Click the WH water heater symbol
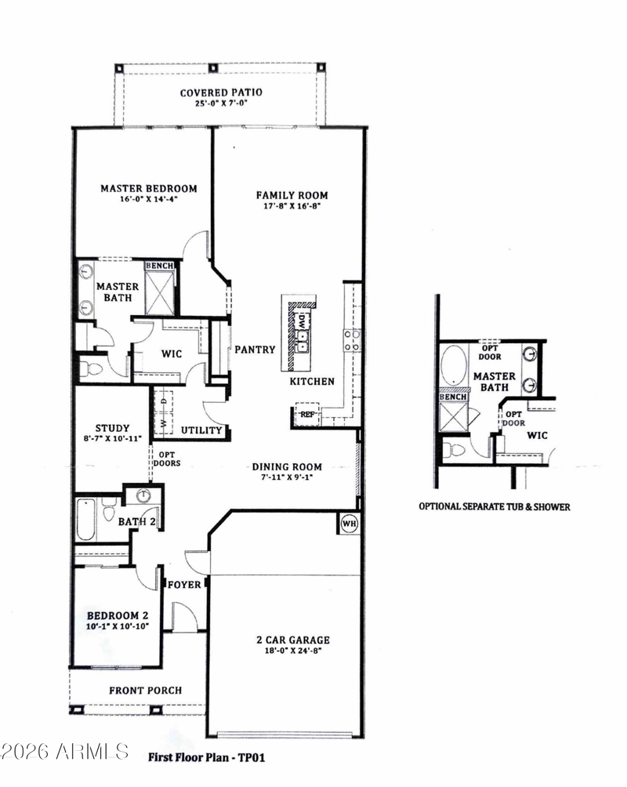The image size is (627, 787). [x=350, y=524]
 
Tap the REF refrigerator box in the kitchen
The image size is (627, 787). [x=307, y=414]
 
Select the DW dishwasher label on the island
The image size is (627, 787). [x=302, y=321]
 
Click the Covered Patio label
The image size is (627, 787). [x=221, y=92]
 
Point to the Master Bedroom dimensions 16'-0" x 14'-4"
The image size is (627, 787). [x=149, y=199]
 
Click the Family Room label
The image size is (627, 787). [x=292, y=194]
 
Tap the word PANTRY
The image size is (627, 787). [x=255, y=350]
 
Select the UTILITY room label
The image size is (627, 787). [x=201, y=430]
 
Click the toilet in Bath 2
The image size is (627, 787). [x=108, y=513]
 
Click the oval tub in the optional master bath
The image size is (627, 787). [x=454, y=365]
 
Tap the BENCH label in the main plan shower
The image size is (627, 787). [x=160, y=266]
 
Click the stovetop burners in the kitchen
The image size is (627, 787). [x=351, y=339]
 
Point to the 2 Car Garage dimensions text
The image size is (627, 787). [x=293, y=651]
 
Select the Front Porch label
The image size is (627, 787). [x=146, y=691]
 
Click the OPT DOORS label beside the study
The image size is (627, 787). [x=167, y=459]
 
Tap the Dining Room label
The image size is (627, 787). [x=287, y=466]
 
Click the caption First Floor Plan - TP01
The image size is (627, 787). [x=206, y=757]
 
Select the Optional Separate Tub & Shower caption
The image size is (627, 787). [x=495, y=507]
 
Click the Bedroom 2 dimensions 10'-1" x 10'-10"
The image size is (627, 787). [x=118, y=626]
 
